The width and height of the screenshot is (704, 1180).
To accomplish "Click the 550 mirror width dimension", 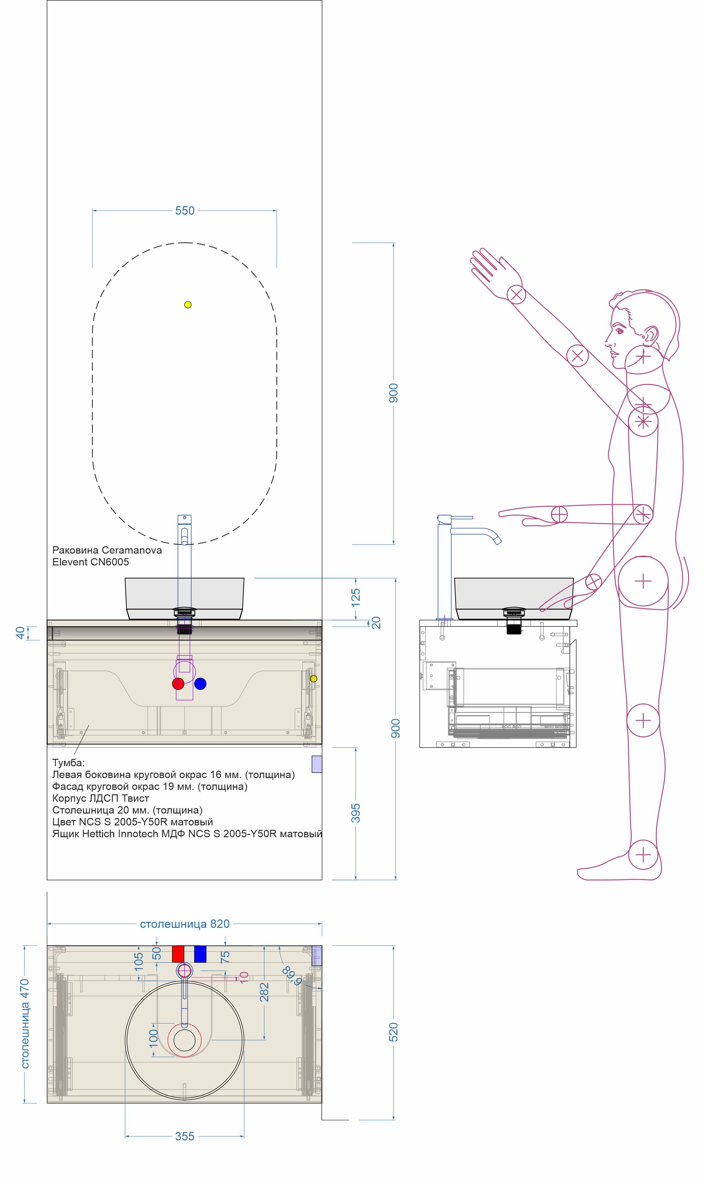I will pos(185,211).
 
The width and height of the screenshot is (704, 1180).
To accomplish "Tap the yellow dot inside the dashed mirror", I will pos(188,305).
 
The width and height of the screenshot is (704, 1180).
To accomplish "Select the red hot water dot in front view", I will pos(178,684).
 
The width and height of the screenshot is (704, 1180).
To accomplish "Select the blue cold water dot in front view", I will pos(200,684).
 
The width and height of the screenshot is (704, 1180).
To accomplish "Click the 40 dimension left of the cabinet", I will pos(20,633).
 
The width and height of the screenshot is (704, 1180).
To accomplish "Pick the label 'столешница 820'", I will pos(185,924).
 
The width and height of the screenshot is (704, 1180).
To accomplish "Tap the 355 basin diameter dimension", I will pos(185,1136).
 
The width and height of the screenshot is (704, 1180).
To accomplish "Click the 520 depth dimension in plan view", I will pos(393,1032).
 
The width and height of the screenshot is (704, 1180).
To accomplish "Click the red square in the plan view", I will pos(178,954).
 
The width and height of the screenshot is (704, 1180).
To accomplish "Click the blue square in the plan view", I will pos(200,954).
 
